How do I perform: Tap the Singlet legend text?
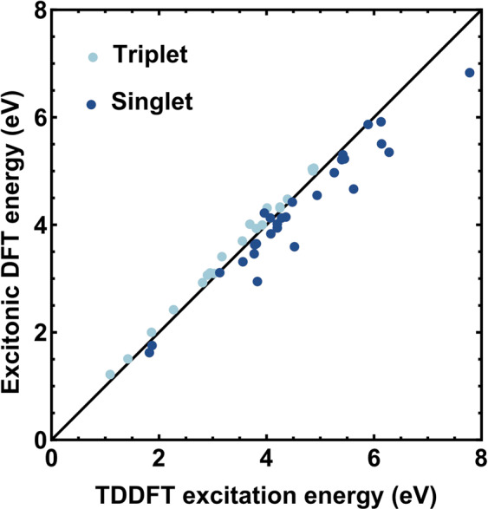(x=152, y=102)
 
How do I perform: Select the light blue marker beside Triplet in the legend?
(x=94, y=57)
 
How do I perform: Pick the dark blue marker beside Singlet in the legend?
(x=94, y=104)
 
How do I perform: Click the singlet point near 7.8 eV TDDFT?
(x=470, y=73)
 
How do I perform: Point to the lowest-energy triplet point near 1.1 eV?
(x=110, y=375)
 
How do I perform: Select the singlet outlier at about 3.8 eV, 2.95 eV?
(x=257, y=281)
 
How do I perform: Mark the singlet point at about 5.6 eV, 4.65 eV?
(x=354, y=189)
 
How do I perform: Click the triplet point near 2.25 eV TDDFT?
(x=173, y=310)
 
